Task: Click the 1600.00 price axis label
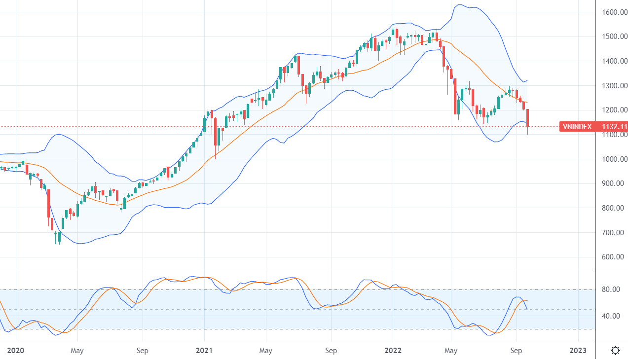click(x=614, y=12)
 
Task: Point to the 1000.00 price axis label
click(x=614, y=159)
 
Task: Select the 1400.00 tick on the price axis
click(x=614, y=61)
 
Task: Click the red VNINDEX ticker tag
click(x=578, y=127)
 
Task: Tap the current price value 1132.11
click(x=614, y=127)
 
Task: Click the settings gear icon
click(x=615, y=351)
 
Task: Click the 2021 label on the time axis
click(x=204, y=351)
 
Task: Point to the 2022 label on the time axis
click(x=393, y=351)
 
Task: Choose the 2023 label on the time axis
click(x=578, y=351)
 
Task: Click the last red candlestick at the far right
click(x=528, y=118)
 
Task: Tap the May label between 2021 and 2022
click(x=266, y=351)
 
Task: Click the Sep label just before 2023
click(x=517, y=351)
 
